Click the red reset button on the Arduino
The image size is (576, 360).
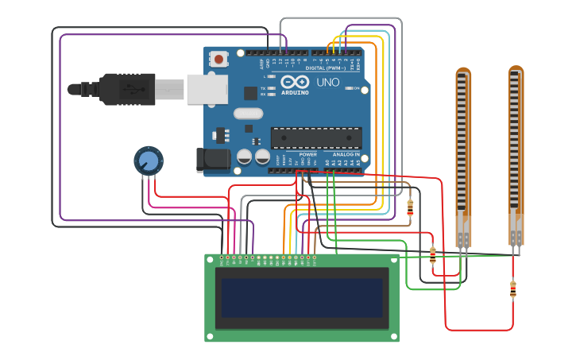click(218, 58)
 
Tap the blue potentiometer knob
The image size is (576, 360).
click(148, 161)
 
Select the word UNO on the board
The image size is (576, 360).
click(327, 82)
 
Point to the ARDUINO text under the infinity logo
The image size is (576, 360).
click(294, 92)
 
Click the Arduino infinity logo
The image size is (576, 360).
click(294, 82)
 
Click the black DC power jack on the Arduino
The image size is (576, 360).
click(213, 160)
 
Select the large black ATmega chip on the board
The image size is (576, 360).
click(315, 137)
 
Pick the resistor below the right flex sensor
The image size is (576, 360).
click(512, 289)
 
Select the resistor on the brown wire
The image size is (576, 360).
click(410, 207)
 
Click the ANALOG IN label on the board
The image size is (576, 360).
click(346, 154)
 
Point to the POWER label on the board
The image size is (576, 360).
click(307, 154)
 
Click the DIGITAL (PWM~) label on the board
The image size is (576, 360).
click(326, 68)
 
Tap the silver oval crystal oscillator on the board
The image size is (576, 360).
click(248, 114)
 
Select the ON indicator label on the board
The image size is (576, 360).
click(355, 88)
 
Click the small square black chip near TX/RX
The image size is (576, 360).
click(250, 93)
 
